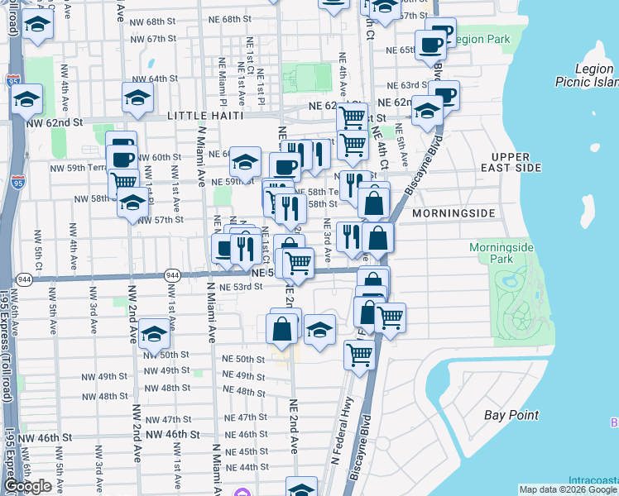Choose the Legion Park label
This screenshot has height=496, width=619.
[480, 39]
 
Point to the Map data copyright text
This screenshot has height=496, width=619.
[568, 489]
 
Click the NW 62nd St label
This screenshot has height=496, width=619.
[55, 122]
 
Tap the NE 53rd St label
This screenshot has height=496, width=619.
[242, 287]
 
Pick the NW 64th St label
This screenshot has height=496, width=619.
[157, 79]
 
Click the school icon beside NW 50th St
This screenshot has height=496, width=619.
[153, 335]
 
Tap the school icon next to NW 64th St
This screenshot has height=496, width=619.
[137, 98]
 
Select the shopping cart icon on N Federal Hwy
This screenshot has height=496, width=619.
[360, 355]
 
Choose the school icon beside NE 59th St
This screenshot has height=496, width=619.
[245, 162]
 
